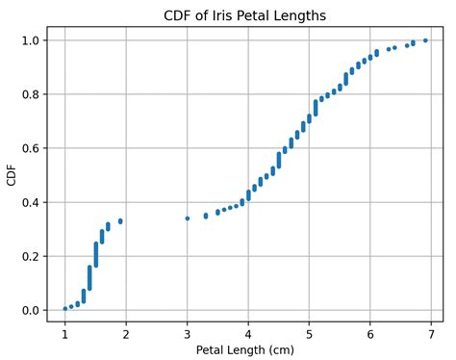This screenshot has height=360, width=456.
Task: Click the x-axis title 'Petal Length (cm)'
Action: (x=245, y=349)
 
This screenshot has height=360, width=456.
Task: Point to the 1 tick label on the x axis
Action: (x=64, y=333)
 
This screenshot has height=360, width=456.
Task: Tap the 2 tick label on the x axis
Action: (x=126, y=333)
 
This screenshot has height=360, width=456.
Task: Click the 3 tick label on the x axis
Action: (x=187, y=333)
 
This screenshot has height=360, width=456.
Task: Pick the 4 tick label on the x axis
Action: (x=248, y=333)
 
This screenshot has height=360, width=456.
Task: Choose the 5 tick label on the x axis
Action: (x=309, y=333)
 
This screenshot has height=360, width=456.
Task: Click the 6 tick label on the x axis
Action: (x=370, y=333)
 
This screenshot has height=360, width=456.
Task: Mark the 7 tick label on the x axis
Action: (x=431, y=333)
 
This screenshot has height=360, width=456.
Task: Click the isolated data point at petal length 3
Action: (x=187, y=219)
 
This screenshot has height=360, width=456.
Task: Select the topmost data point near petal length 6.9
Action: (x=425, y=40)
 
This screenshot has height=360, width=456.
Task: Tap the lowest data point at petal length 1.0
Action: (x=64, y=308)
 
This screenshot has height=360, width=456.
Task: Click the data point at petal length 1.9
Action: (x=120, y=220)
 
